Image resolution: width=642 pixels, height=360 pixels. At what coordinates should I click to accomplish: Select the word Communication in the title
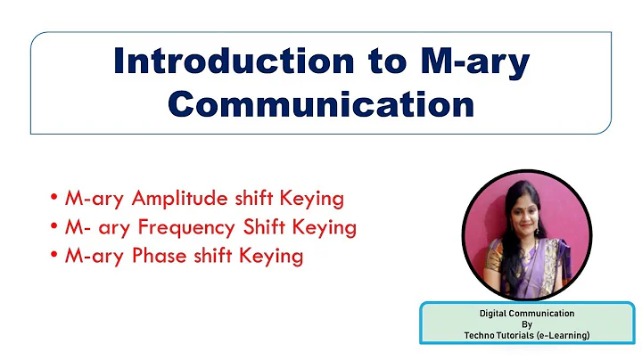tap(321, 103)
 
